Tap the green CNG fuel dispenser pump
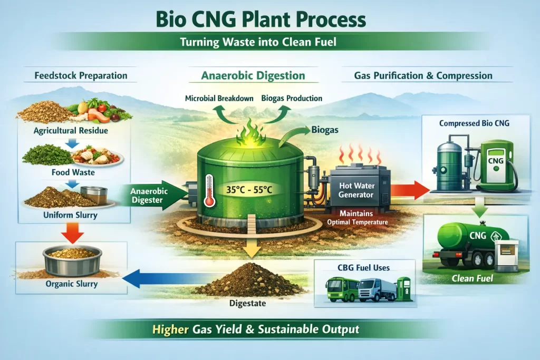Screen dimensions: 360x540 tap(496, 163)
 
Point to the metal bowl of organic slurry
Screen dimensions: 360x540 tap(72, 259)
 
